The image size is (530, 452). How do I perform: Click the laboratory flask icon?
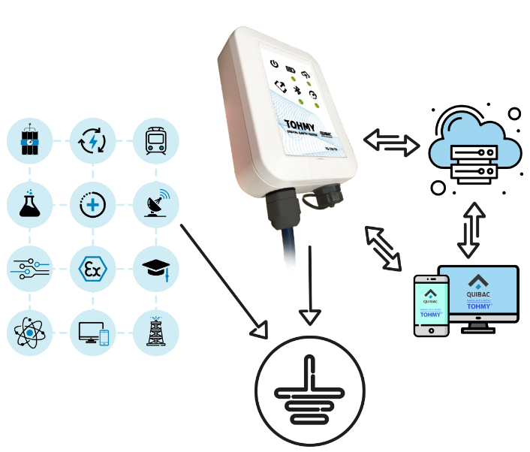click(x=29, y=204)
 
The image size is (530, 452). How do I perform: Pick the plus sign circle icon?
click(x=92, y=204)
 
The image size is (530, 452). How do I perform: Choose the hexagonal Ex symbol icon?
click(x=92, y=268)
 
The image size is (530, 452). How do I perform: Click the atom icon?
click(x=29, y=331)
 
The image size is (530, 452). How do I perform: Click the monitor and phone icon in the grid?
click(x=92, y=331)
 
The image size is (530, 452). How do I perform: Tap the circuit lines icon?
click(x=29, y=268)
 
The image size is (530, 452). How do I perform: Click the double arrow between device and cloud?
click(x=392, y=143)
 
